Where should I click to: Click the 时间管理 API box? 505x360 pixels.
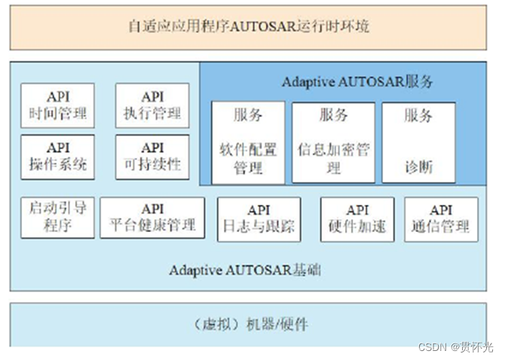(x=57, y=105)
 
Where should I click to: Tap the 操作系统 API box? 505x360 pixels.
(x=57, y=157)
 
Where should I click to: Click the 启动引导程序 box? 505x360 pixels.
(x=57, y=218)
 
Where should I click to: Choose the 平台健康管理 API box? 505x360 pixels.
(x=151, y=218)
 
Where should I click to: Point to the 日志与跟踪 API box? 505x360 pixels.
(x=258, y=219)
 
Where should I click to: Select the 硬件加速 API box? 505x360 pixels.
(x=357, y=219)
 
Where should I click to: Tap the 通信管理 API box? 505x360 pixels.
(x=441, y=219)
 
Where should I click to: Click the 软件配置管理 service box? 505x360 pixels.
(x=247, y=142)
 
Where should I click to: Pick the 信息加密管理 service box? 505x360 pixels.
(x=333, y=142)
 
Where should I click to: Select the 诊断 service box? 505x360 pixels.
(x=418, y=142)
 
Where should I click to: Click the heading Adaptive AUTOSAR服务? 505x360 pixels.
(x=357, y=82)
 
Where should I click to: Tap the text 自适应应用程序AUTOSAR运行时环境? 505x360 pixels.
(x=249, y=26)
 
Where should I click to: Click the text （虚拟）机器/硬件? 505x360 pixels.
(x=248, y=325)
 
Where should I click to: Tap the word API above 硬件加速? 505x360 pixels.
(x=357, y=211)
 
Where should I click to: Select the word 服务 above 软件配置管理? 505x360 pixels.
(x=247, y=115)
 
